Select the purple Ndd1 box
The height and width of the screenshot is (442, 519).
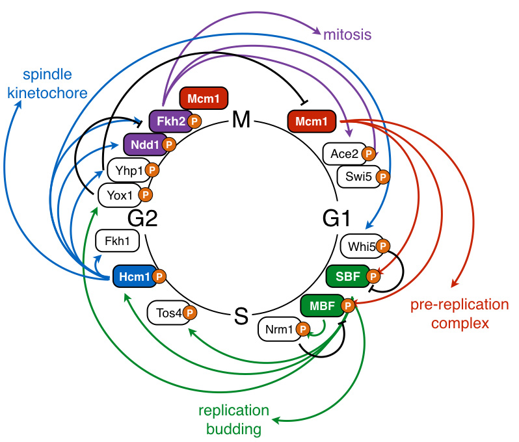click(144, 144)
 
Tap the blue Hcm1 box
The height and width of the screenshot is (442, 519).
click(134, 277)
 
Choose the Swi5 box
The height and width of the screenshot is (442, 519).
click(357, 175)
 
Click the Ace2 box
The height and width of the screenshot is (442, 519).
click(343, 154)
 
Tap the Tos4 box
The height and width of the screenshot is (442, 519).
click(166, 313)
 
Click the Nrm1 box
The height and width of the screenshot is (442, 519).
click(277, 330)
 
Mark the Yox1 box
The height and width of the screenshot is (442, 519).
click(118, 194)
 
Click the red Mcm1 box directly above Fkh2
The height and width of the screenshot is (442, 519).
click(204, 99)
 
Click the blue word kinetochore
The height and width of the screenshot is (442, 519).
click(47, 93)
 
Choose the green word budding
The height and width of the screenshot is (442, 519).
click(233, 429)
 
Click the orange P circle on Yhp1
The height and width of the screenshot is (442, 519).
click(152, 170)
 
